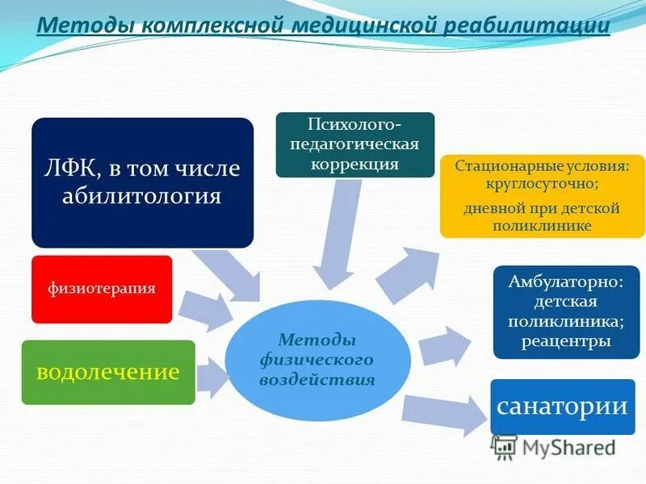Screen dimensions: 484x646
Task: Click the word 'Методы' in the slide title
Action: click(86, 26)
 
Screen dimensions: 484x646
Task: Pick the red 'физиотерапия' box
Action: click(102, 289)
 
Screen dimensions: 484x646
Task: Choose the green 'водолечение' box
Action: click(107, 372)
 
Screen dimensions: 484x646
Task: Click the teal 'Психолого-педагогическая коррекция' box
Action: click(354, 144)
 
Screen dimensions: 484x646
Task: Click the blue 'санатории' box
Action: click(562, 406)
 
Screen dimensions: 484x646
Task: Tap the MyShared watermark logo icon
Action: click(505, 447)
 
